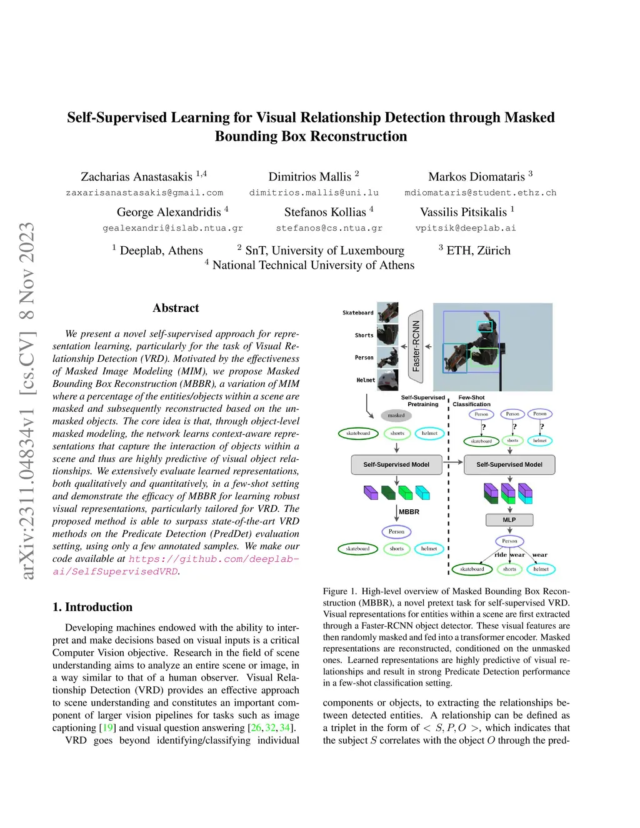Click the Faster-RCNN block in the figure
click(x=416, y=346)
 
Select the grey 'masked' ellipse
click(x=396, y=415)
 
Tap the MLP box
click(x=509, y=520)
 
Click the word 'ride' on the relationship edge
click(x=501, y=554)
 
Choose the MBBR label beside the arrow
click(x=409, y=512)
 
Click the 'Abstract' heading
click(x=176, y=308)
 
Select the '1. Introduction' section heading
click(x=92, y=607)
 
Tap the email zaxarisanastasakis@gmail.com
click(x=144, y=192)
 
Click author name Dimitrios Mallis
click(x=310, y=177)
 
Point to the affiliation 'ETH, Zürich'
click(x=478, y=251)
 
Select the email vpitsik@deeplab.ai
click(x=466, y=228)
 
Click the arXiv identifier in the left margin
click(x=27, y=400)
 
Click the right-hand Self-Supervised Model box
click(x=509, y=464)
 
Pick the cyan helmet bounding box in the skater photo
click(x=485, y=326)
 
